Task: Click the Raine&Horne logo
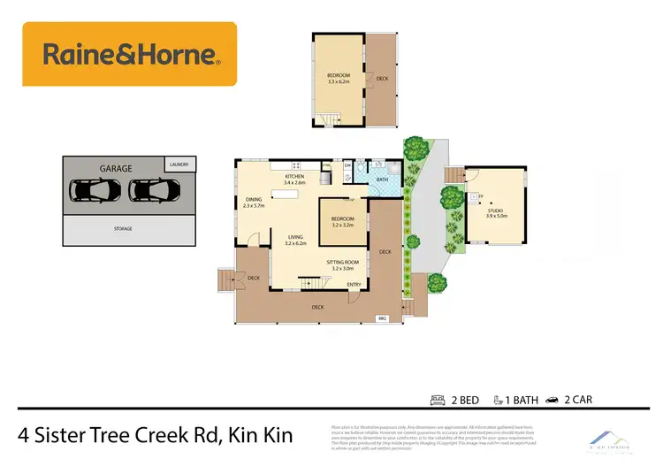click(x=129, y=55)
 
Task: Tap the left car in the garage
click(x=91, y=190)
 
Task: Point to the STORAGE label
click(x=123, y=229)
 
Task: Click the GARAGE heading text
click(x=115, y=168)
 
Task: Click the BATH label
click(x=382, y=180)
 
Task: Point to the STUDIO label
click(x=495, y=210)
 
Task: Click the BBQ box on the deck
click(x=383, y=317)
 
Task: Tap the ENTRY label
click(x=354, y=284)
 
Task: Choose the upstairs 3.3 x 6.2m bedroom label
click(x=339, y=76)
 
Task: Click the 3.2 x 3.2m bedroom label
click(x=342, y=219)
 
